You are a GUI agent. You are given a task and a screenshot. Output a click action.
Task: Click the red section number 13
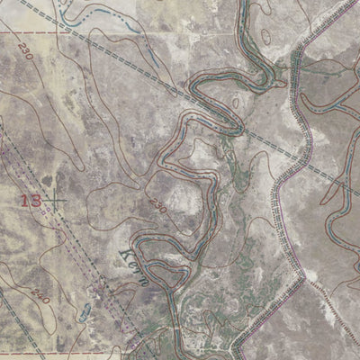coord(30,199)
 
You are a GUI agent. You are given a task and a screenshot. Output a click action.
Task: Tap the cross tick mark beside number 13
coord(56,201)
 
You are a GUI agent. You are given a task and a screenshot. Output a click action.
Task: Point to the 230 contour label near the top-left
coord(24,56)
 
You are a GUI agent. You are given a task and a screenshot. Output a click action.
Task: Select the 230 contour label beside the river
coord(159,205)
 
